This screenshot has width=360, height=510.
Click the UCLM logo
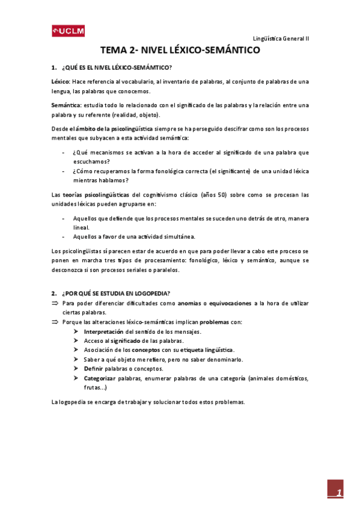point(68,31)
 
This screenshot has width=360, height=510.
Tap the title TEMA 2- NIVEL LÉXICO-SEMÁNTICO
point(180,51)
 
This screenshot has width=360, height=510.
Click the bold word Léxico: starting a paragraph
point(61,81)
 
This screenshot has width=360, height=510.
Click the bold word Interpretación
point(104,331)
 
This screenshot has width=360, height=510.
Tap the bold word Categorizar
point(103,378)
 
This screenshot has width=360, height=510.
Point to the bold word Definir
point(94,368)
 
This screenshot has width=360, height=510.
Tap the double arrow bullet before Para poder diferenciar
point(55,304)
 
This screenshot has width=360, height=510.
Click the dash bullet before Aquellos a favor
point(64,236)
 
